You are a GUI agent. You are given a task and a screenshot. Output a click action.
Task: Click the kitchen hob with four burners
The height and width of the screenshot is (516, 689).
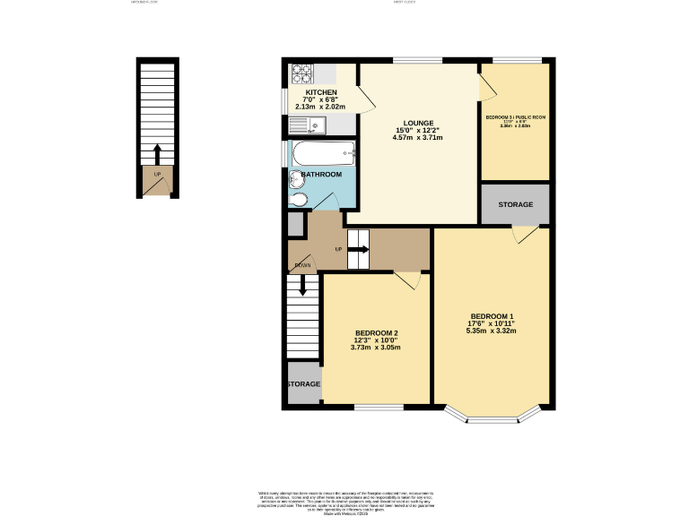tap(300, 72)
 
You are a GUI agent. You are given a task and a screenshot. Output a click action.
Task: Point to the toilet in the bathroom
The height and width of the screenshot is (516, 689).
tap(299, 200)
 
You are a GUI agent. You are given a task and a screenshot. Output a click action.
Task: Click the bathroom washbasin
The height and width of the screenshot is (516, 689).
tap(296, 178)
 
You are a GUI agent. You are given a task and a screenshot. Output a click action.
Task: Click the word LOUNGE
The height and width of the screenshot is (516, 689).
tap(419, 123)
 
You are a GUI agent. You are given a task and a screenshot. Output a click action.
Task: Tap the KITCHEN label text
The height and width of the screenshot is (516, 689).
tap(321, 93)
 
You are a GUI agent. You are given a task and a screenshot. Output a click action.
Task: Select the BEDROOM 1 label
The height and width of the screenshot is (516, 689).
tap(493, 315)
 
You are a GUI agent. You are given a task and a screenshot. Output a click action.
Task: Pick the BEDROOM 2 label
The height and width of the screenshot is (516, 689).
tap(376, 333)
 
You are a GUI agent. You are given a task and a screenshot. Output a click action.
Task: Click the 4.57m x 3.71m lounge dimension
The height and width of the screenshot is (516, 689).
tap(419, 138)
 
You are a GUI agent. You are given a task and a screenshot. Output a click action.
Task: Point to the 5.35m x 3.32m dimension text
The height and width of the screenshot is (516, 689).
tap(493, 331)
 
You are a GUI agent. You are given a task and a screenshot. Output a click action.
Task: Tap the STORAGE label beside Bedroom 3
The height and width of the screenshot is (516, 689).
tap(516, 205)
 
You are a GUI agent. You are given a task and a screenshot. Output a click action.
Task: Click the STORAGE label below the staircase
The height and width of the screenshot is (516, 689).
tap(304, 384)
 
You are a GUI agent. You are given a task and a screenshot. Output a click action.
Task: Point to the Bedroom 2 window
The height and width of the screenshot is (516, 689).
tap(378, 408)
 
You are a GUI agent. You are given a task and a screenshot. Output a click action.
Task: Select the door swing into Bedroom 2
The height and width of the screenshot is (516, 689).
tap(406, 280)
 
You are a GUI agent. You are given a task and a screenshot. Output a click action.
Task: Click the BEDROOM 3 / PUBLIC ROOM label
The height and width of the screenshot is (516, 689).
tap(515, 117)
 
